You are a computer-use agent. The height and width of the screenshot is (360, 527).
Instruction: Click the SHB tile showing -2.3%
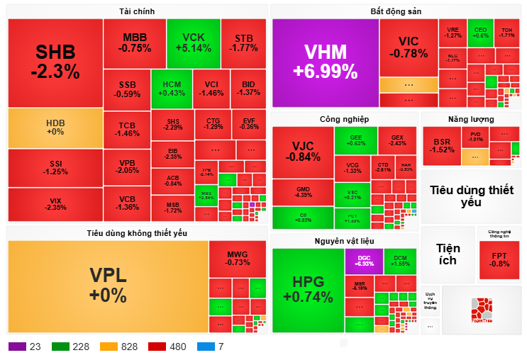tap(55, 62)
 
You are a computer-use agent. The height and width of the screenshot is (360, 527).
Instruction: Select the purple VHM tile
tap(326, 62)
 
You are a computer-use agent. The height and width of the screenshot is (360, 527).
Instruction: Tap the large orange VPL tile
tap(108, 286)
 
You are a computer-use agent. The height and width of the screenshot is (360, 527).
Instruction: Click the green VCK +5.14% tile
tap(193, 43)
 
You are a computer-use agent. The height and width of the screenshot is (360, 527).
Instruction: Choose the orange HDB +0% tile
tap(55, 128)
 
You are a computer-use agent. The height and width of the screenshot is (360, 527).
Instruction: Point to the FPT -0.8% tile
tap(499, 259)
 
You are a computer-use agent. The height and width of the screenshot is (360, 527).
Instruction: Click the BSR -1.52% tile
tap(442, 145)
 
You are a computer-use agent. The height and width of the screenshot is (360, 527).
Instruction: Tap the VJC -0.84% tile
tap(303, 152)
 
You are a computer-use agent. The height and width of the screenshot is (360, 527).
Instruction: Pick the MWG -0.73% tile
tap(238, 259)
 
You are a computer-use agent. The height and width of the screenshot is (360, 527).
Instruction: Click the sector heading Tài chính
tap(137, 11)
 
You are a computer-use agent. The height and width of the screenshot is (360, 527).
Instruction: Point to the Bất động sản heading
tap(395, 11)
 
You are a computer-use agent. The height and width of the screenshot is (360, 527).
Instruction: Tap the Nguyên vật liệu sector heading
tap(345, 241)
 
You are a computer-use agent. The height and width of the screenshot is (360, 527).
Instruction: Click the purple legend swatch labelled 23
tap(17, 347)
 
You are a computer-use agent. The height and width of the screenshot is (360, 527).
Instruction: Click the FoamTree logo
tap(482, 311)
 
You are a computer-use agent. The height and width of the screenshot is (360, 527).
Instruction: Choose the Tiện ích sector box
tap(448, 254)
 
